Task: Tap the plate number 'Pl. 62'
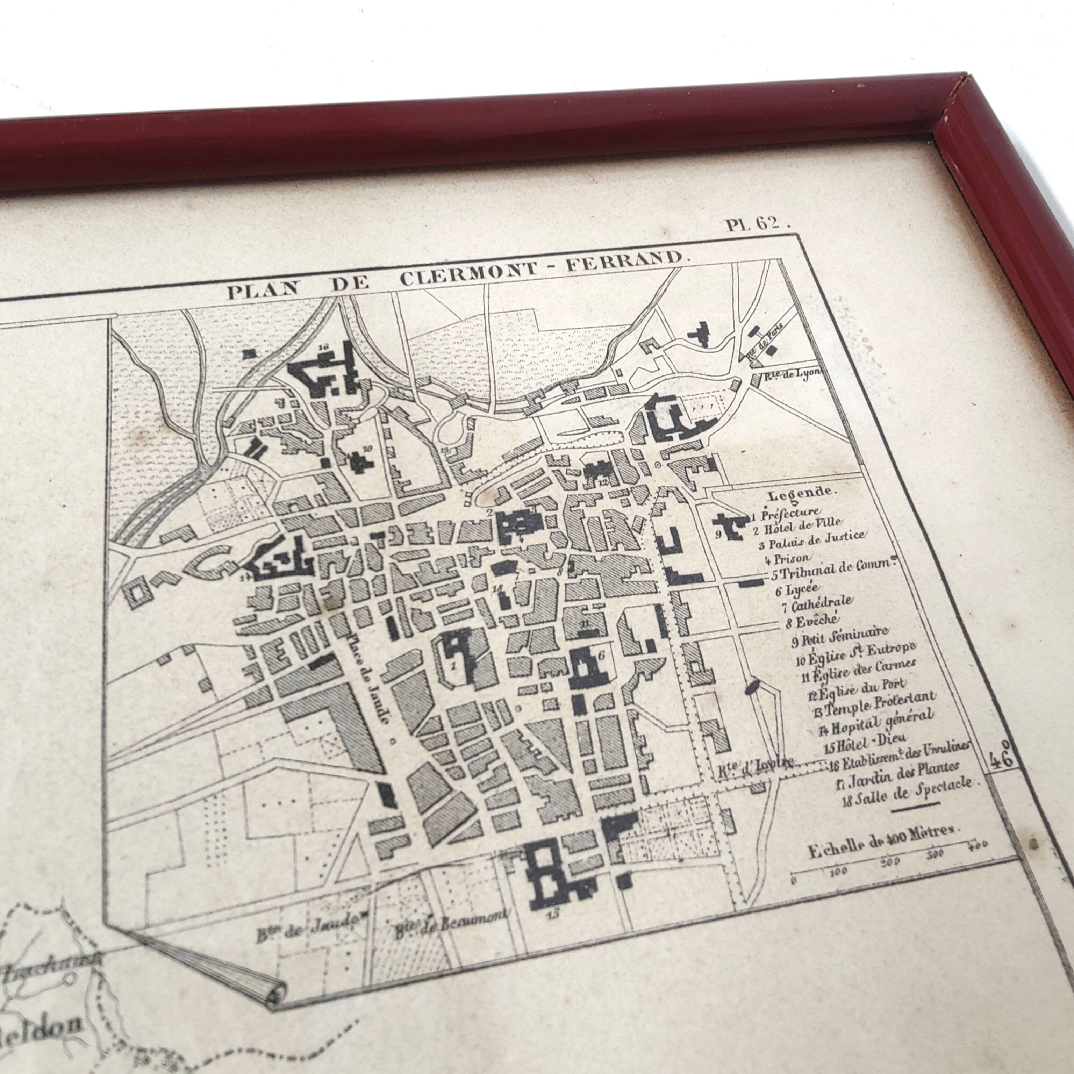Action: click(757, 224)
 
